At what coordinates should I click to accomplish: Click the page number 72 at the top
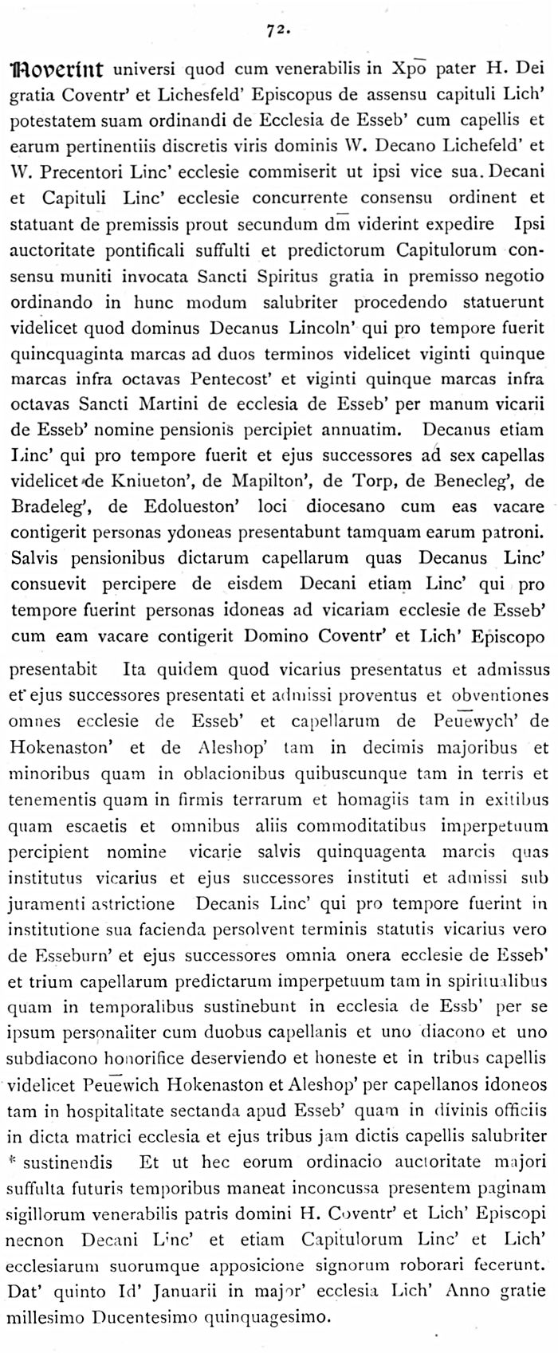(x=277, y=30)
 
